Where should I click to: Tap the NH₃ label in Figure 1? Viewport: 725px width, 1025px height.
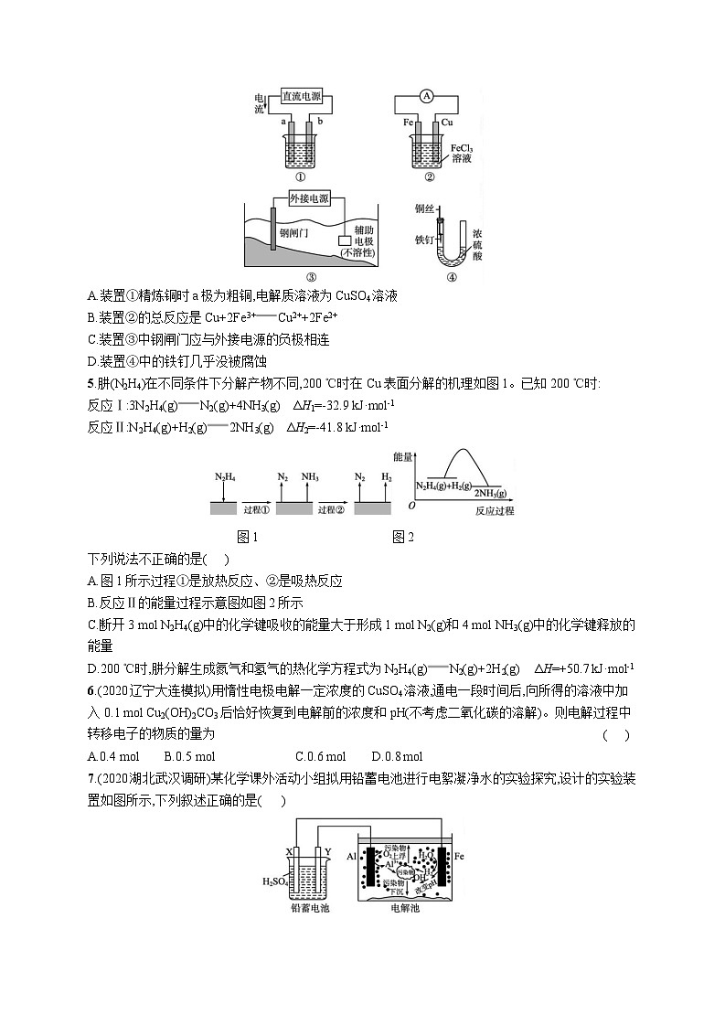click(x=310, y=476)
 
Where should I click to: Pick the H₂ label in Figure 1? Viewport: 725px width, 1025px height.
click(x=385, y=476)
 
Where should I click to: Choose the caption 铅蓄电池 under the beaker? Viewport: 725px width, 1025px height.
click(x=309, y=908)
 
